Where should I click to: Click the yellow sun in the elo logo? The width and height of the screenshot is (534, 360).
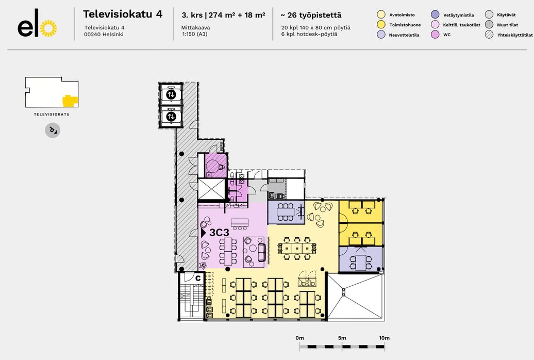point(48,28)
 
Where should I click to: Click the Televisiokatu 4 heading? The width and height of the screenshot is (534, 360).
point(123,14)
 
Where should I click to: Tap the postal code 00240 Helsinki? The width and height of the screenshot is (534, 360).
point(104,34)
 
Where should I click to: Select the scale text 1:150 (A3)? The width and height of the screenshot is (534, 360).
point(195,34)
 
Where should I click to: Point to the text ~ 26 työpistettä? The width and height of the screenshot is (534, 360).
point(311,15)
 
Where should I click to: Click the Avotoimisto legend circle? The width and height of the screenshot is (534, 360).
point(381,14)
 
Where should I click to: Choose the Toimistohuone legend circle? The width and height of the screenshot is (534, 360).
point(381,25)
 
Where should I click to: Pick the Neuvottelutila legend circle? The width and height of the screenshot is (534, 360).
point(381,35)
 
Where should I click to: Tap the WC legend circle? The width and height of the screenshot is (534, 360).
point(435,35)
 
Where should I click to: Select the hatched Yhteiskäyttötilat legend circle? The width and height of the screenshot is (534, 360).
point(489,35)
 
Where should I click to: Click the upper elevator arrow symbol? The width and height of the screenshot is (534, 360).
point(171,94)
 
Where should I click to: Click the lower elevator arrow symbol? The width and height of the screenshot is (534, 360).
point(171,116)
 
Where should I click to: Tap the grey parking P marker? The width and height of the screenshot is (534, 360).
point(53,130)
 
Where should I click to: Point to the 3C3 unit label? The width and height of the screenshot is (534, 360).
point(219,233)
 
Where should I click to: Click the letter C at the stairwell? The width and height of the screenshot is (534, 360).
point(198,278)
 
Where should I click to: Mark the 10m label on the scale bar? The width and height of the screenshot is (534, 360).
point(384,338)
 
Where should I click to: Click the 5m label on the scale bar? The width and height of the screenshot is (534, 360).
point(342,338)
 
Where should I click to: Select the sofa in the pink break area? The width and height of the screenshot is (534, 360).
point(261,252)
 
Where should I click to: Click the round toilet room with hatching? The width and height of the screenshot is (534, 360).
point(216,166)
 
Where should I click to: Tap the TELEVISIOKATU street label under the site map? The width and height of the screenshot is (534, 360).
point(52,114)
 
